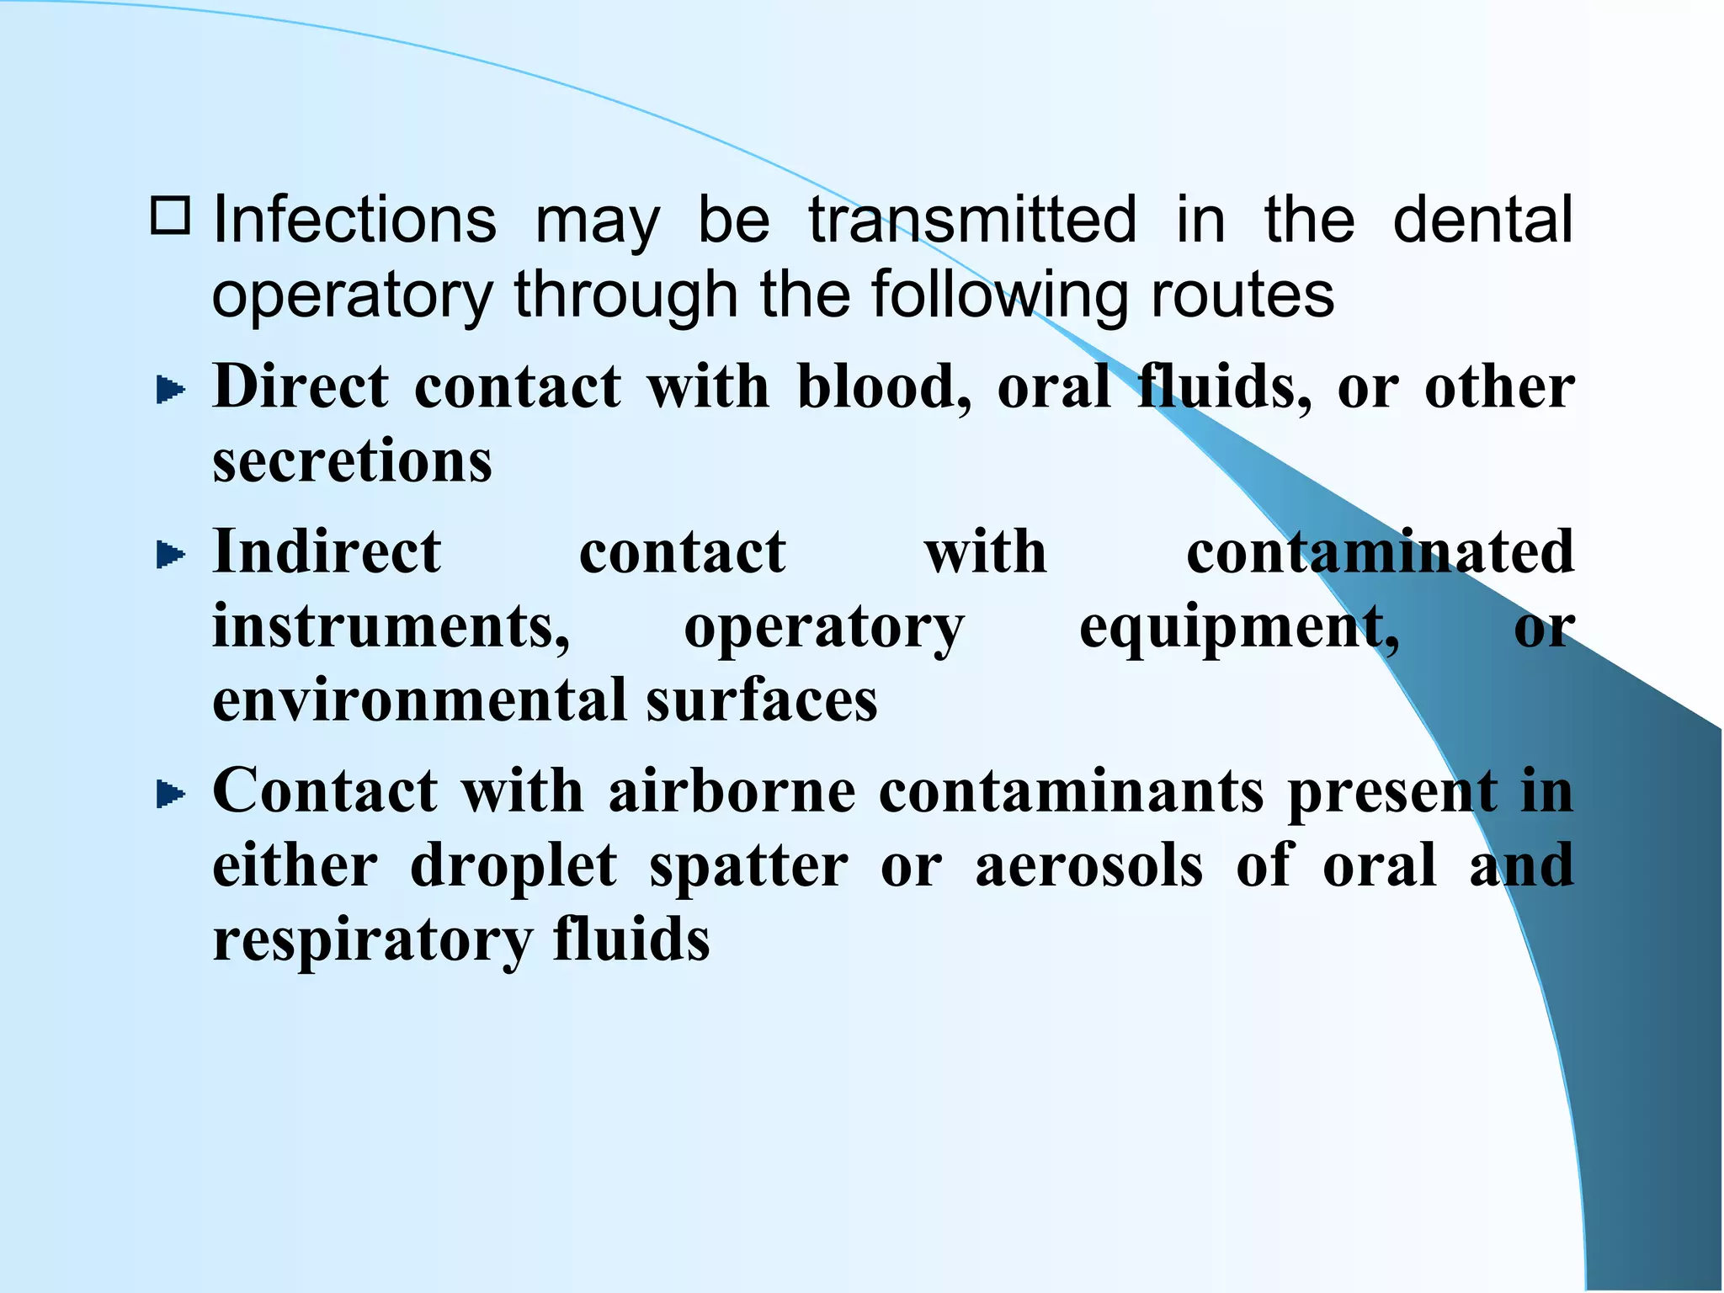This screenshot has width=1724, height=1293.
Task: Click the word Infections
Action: click(354, 221)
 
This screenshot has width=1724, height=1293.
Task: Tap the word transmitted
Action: click(972, 221)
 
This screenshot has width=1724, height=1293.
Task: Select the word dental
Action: click(1482, 221)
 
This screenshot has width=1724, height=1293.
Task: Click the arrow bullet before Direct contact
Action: click(171, 390)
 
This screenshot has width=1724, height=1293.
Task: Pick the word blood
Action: click(882, 387)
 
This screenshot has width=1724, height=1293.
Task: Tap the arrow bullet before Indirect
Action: click(171, 555)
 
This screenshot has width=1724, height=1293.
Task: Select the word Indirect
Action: click(327, 552)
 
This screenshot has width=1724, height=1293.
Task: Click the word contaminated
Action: click(1380, 552)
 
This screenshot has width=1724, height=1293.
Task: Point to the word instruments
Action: click(391, 628)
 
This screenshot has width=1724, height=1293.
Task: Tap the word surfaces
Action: click(762, 700)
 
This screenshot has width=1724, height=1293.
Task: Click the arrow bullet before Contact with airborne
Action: click(171, 794)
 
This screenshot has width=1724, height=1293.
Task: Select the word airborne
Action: click(732, 791)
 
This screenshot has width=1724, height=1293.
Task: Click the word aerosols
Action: click(1089, 865)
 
